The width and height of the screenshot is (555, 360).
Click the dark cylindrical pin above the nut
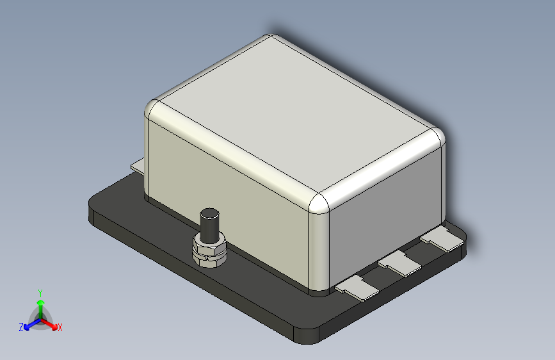coord(209,225)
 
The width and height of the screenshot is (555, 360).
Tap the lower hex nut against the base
coord(209,261)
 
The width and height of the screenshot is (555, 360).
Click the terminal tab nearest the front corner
coord(357,288)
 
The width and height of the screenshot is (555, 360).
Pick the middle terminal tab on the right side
coord(399,263)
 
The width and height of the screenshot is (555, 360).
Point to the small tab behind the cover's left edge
coord(138,166)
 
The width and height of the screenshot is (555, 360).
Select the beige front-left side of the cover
coord(227,199)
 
